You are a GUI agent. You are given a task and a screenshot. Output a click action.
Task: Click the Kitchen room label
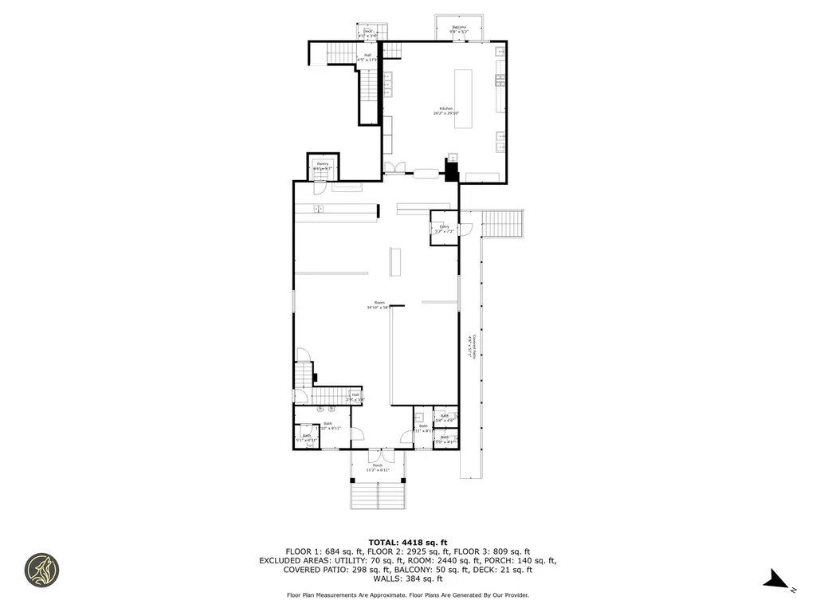tap(446, 108)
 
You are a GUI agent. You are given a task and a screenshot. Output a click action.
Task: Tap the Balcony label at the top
tap(459, 27)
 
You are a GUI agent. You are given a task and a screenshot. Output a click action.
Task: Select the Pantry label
tap(322, 163)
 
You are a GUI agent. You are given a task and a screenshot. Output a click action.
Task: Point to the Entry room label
tap(445, 227)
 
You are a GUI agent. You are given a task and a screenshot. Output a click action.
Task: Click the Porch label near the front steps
tap(378, 465)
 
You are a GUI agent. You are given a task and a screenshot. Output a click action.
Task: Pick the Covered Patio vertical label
tap(473, 347)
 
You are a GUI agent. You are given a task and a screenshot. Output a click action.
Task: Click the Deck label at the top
tap(368, 31)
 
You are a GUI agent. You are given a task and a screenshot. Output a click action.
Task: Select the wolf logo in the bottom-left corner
tap(41, 569)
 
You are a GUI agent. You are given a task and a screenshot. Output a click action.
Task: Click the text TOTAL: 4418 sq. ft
tap(407, 542)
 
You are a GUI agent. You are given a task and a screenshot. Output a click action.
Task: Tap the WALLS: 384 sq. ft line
tap(407, 579)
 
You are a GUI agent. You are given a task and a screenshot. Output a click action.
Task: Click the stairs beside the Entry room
tap(502, 223)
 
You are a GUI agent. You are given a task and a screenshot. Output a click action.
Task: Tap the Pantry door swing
tap(318, 188)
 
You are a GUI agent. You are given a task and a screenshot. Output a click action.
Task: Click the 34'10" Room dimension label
tap(379, 308)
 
